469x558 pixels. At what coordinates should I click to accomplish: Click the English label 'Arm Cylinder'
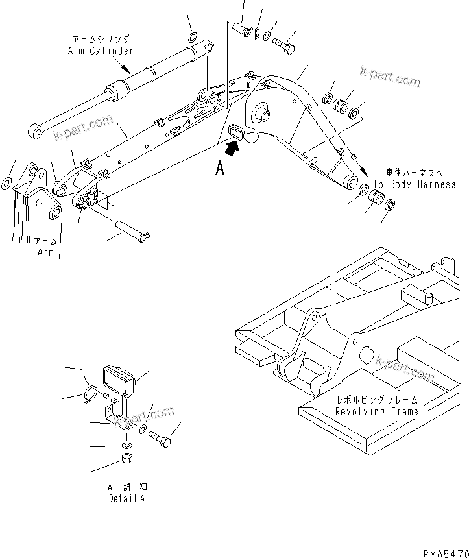(101, 51)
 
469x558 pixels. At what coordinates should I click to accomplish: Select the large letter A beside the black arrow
(220, 169)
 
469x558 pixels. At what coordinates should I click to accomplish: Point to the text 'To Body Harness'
(414, 185)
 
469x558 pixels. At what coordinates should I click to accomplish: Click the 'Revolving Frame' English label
(376, 411)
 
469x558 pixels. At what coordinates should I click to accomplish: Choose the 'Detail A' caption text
(127, 498)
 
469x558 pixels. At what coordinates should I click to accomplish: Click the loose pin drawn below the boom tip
(132, 230)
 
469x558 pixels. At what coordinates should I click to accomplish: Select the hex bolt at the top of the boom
(284, 45)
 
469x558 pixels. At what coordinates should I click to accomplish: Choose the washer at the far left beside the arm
(6, 183)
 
